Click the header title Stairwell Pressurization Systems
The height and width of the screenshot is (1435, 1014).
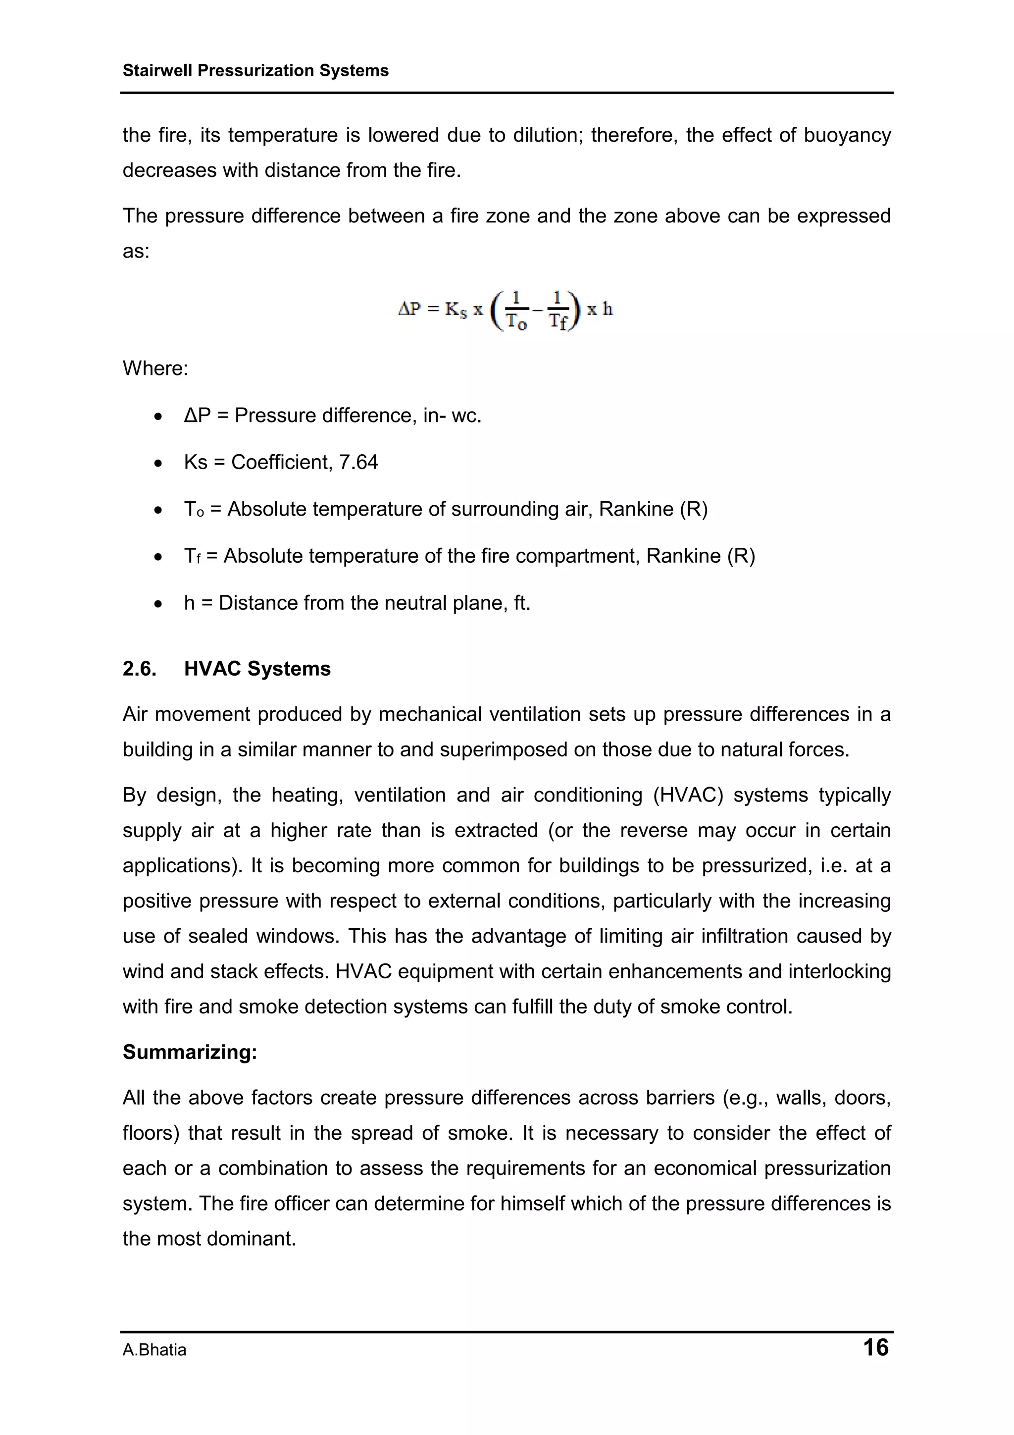click(x=255, y=71)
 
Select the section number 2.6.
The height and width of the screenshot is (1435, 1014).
click(x=139, y=669)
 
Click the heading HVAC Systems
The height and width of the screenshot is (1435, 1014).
click(x=257, y=669)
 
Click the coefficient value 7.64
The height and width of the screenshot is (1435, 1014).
click(x=358, y=463)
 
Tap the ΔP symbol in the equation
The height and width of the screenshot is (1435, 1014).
click(x=410, y=310)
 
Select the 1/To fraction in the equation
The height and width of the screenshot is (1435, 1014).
click(x=516, y=310)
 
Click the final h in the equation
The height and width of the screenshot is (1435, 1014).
click(x=608, y=310)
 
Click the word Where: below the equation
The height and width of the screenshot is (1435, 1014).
click(x=155, y=368)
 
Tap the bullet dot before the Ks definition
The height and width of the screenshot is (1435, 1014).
click(x=159, y=463)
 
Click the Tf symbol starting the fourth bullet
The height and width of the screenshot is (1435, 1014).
click(x=193, y=556)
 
